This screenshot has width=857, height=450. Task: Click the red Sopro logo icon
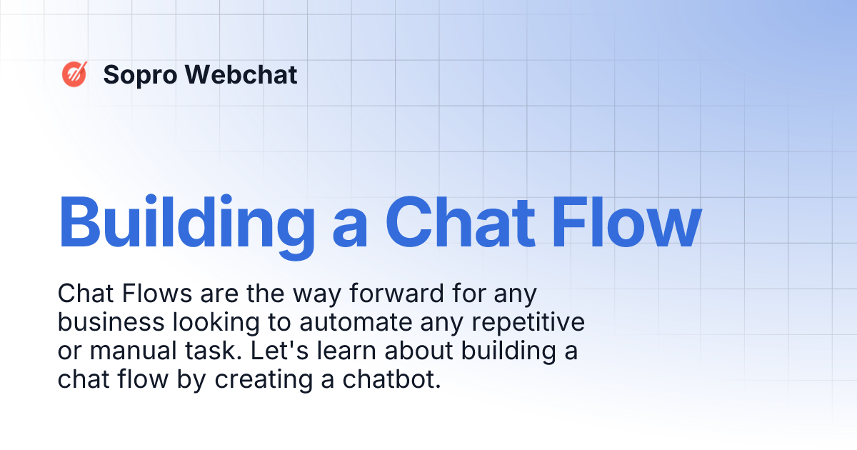pos(74,74)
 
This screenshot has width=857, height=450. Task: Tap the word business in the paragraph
pos(111,322)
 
